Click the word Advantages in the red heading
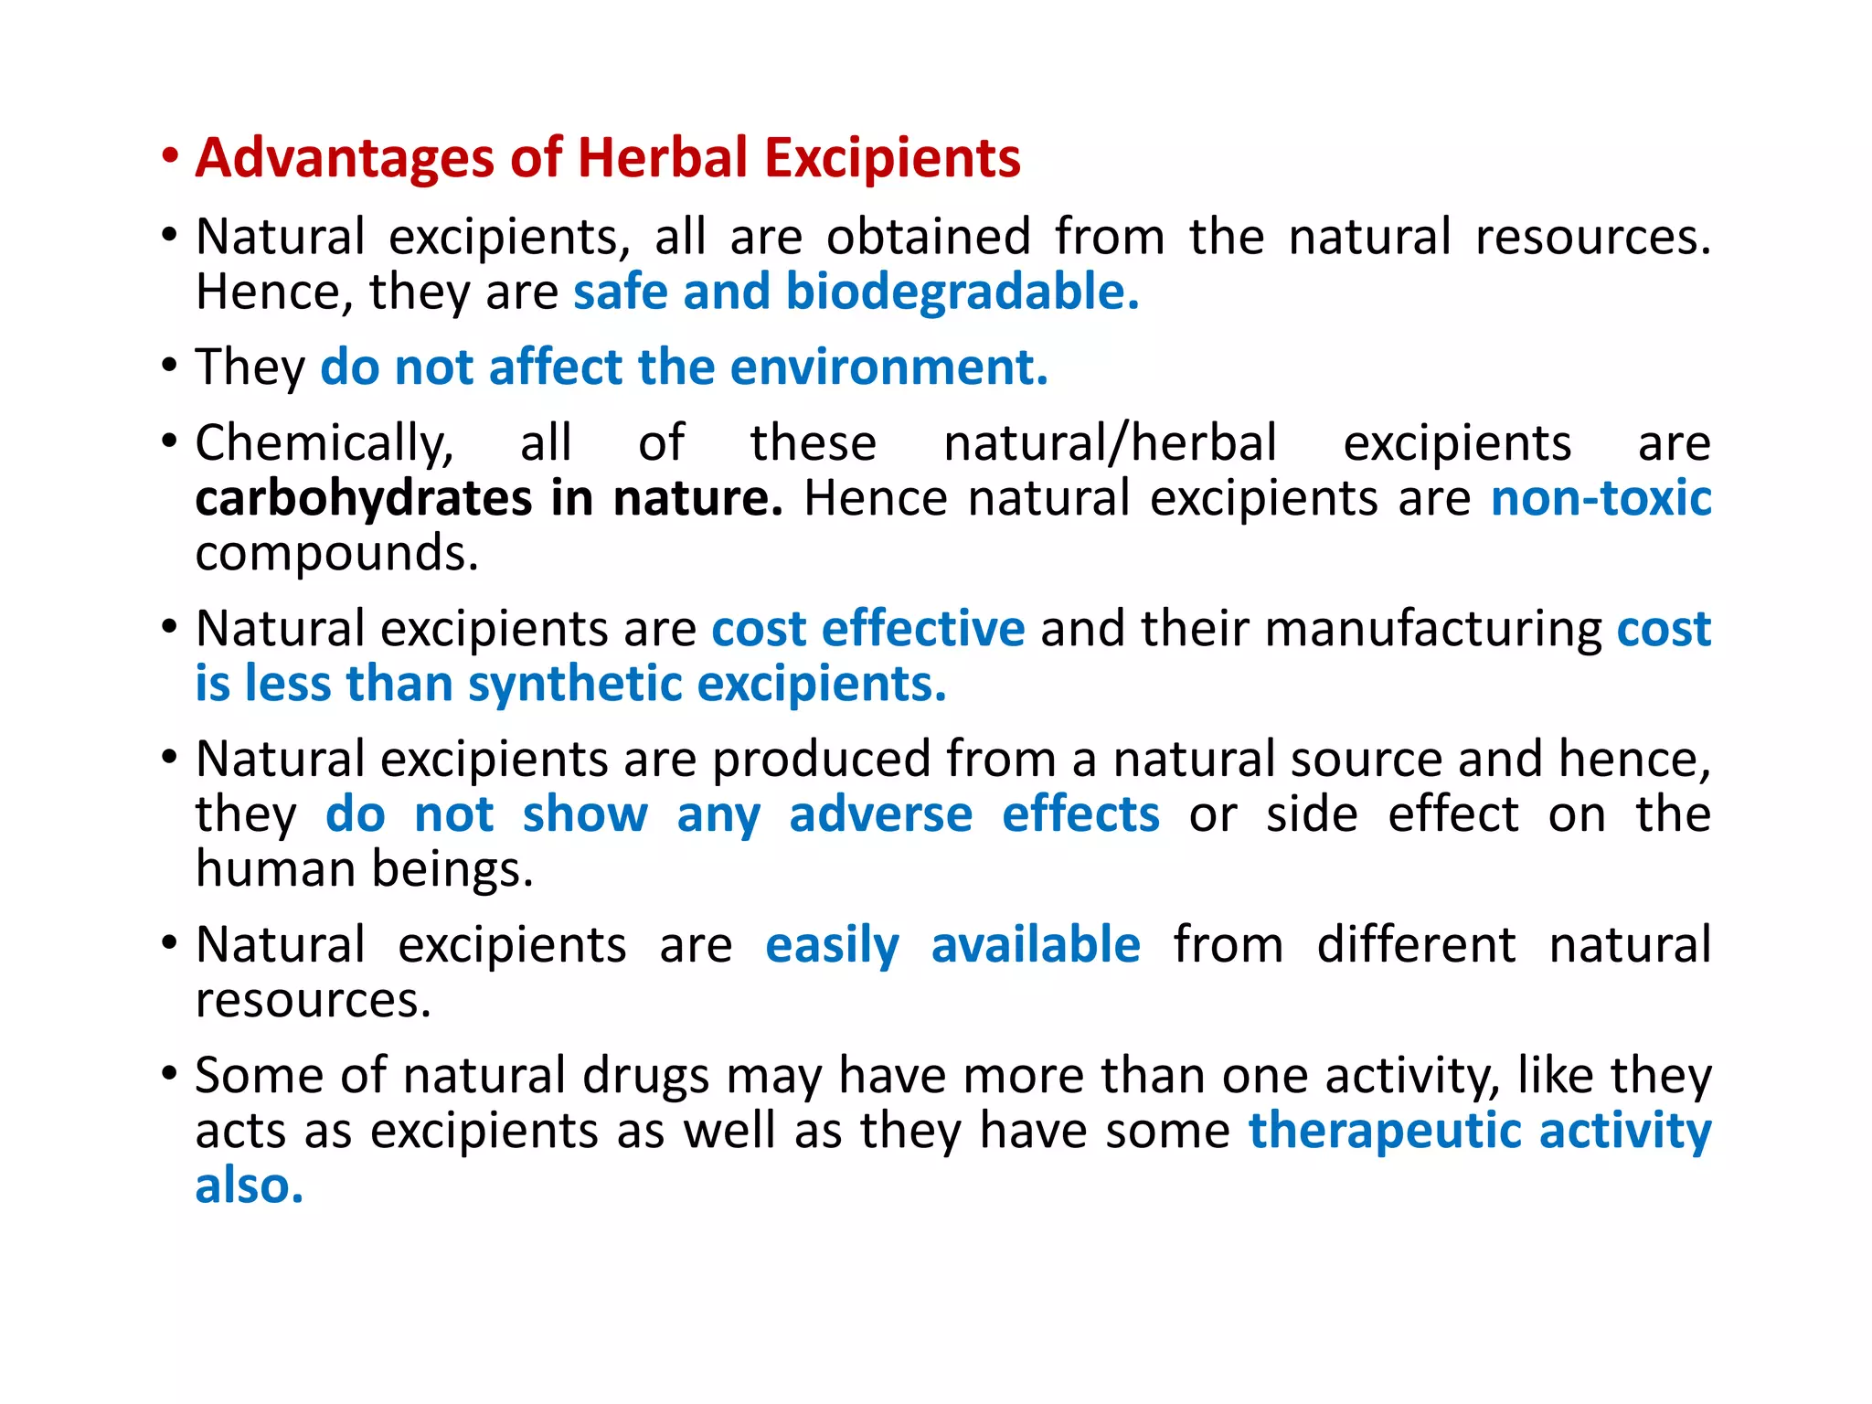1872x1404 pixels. click(x=346, y=158)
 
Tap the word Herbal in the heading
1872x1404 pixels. click(x=663, y=158)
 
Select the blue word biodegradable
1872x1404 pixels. click(x=962, y=292)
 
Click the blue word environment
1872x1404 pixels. click(x=888, y=367)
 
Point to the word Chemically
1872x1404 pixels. click(x=324, y=444)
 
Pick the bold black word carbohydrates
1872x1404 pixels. click(x=363, y=499)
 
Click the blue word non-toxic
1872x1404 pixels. click(x=1601, y=499)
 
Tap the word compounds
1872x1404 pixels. click(x=336, y=554)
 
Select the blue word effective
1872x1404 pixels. click(x=923, y=630)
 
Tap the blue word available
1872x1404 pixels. click(x=1036, y=945)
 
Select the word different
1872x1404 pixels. click(x=1416, y=945)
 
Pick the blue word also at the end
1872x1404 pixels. click(x=249, y=1186)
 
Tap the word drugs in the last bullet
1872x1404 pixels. click(x=645, y=1076)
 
